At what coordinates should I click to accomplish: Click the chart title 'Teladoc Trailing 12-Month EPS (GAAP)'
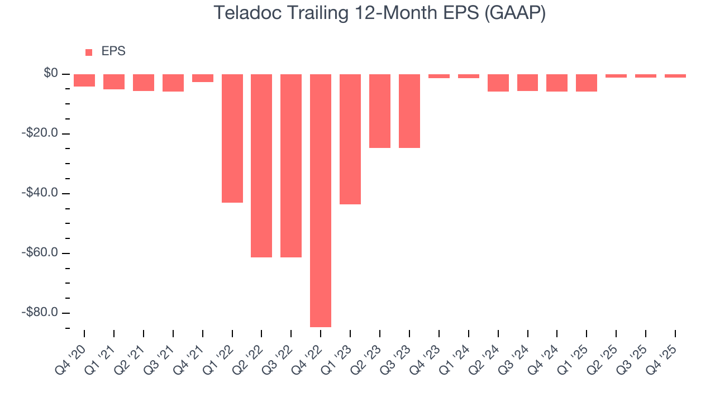coord(379,13)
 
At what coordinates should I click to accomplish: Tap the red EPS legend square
coord(89,52)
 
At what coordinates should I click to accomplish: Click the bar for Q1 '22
coord(232,138)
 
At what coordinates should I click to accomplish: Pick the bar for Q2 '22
coord(261,165)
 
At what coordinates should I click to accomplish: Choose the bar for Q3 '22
coord(291,165)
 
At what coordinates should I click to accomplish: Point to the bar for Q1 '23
coord(350,139)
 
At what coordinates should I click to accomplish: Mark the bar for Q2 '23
coord(380,111)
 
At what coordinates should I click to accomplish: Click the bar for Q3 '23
coord(409,111)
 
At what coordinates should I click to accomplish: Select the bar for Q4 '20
coord(84,80)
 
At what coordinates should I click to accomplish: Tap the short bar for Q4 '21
coord(203,78)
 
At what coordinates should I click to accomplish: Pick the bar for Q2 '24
coord(498,83)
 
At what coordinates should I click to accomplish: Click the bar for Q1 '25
coord(587,83)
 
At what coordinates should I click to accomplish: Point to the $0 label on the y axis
coord(51,74)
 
